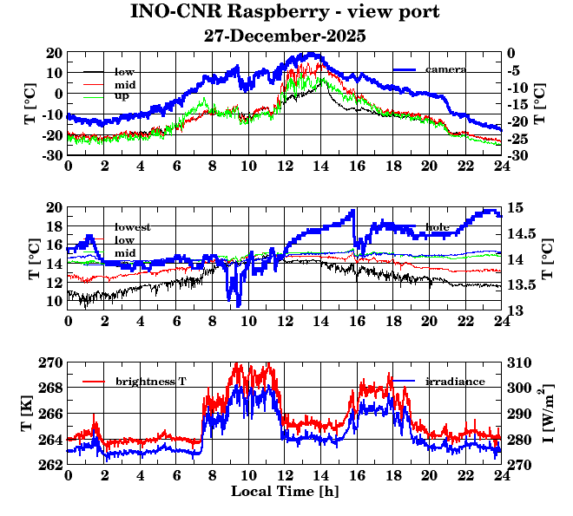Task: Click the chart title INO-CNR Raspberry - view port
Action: point(285,12)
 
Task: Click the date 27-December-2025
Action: point(285,36)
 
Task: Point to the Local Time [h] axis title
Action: point(285,492)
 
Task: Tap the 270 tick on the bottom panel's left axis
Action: point(50,362)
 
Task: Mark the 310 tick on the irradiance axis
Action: point(518,362)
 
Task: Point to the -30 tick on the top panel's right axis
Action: point(518,156)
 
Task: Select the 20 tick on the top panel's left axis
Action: point(54,52)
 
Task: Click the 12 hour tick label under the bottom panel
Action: point(285,475)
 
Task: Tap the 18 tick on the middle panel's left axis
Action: point(54,226)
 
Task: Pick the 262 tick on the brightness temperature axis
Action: point(50,465)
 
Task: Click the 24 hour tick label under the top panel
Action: point(501,167)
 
